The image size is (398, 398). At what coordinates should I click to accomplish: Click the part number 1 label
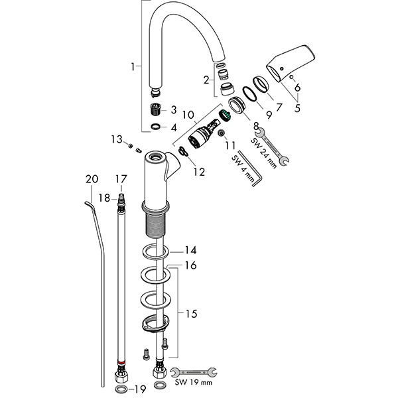135,66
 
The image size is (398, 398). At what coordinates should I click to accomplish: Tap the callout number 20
92,178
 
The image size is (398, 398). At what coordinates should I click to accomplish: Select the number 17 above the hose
121,178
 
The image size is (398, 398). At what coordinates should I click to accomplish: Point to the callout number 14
191,251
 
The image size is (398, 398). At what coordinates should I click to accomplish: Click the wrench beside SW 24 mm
273,147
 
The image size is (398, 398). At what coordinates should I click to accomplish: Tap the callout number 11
230,144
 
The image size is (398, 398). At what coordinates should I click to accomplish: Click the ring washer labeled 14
153,253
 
